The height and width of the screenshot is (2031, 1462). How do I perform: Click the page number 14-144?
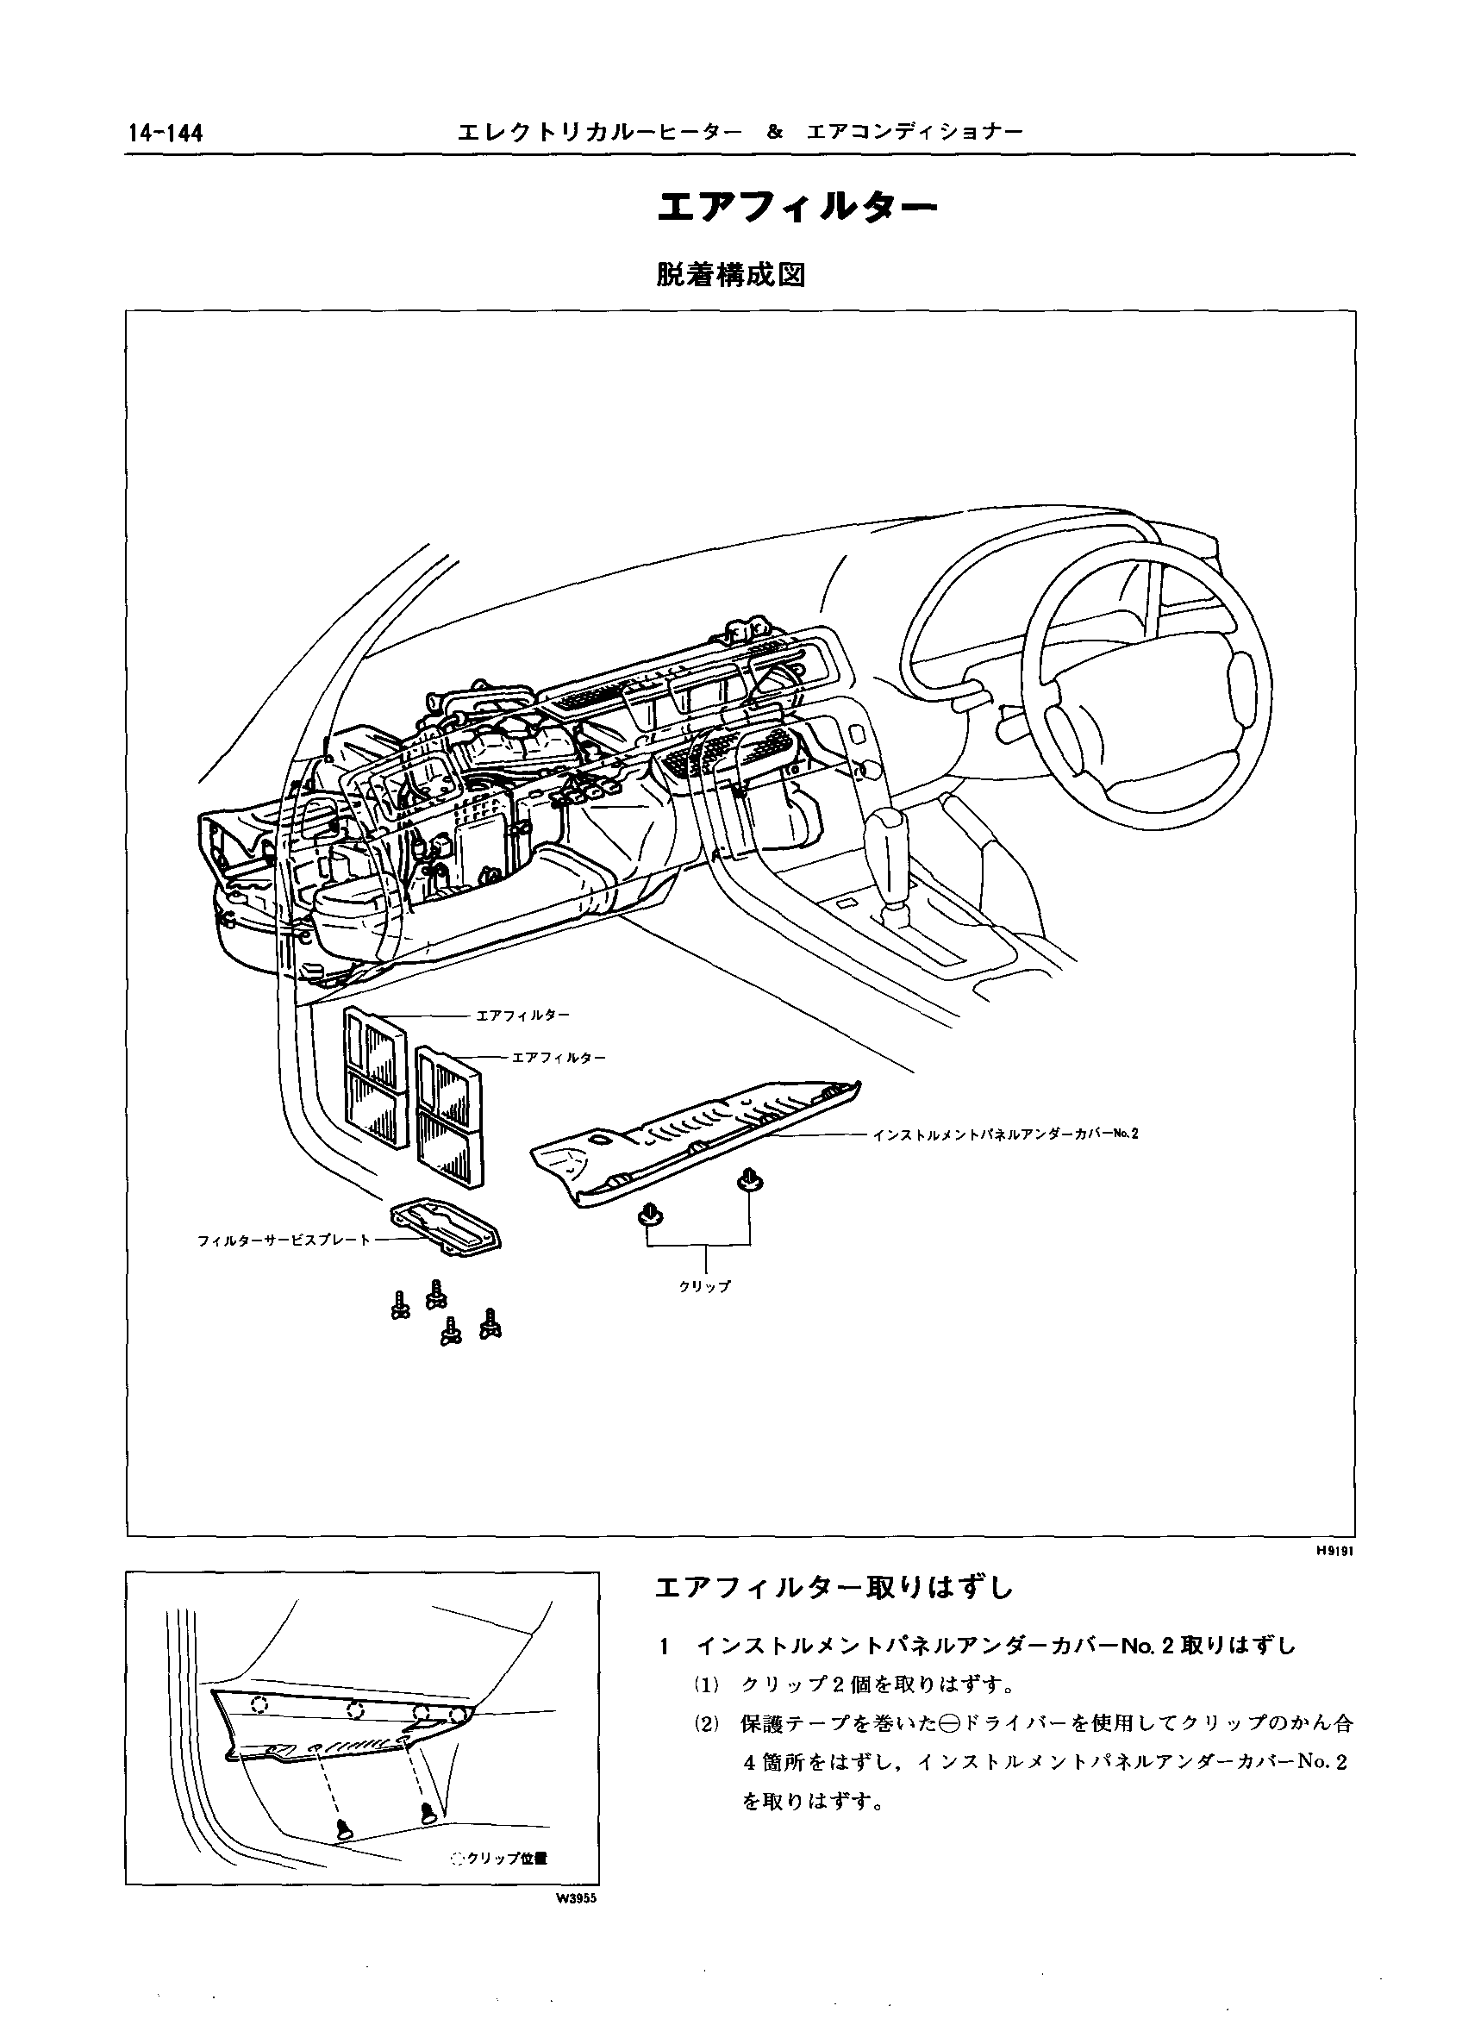(166, 134)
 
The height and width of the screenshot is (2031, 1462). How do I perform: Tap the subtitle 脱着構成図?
(730, 276)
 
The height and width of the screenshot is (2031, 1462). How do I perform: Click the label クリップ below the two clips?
(705, 1285)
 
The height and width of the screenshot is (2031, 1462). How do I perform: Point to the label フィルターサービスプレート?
(283, 1240)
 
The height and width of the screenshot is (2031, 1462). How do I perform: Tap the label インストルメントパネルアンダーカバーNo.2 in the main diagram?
(1004, 1134)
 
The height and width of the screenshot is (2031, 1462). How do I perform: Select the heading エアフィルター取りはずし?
(834, 1588)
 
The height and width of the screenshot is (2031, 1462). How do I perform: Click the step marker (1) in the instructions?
(707, 1684)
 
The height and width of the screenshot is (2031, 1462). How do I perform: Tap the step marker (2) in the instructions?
(707, 1724)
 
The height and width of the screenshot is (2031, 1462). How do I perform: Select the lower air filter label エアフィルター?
(559, 1058)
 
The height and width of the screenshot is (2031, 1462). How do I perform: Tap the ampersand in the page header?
(775, 133)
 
